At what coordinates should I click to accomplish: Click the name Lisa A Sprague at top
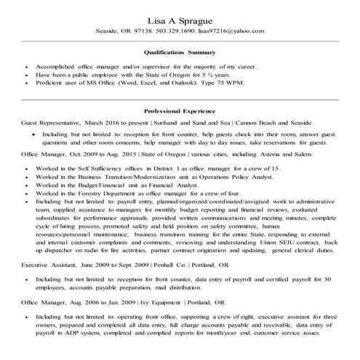(x=180, y=20)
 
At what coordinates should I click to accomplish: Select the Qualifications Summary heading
(x=180, y=52)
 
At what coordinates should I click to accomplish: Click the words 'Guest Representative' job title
(x=52, y=124)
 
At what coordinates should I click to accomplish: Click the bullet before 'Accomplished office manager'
(x=27, y=65)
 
